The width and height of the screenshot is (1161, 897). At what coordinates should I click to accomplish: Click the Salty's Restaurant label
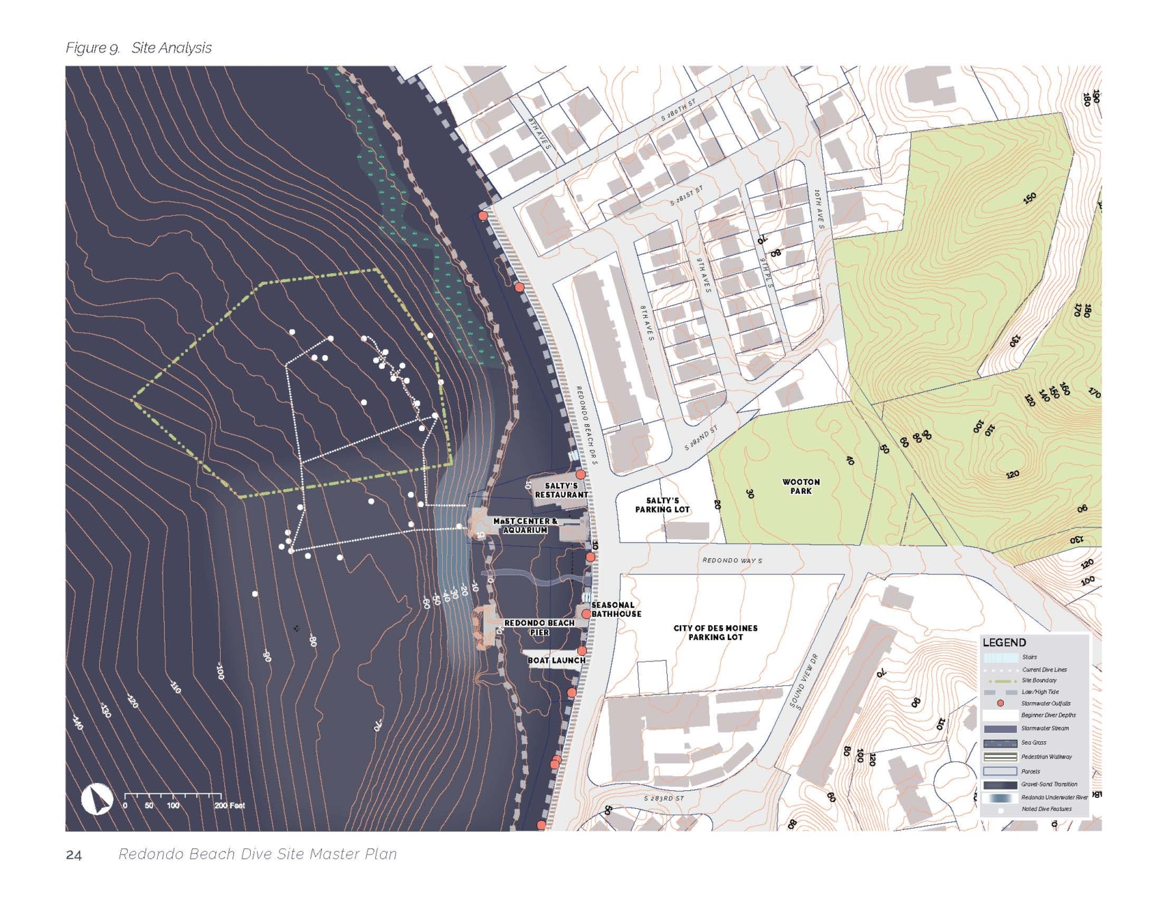[561, 490]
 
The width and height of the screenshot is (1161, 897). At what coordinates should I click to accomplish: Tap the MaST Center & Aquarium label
[525, 525]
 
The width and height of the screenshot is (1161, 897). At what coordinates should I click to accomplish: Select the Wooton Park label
[801, 487]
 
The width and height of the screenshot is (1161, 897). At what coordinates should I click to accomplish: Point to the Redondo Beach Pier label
[539, 627]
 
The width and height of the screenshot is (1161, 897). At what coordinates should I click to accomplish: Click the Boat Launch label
[557, 660]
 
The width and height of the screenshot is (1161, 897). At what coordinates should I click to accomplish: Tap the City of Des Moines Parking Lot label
[715, 633]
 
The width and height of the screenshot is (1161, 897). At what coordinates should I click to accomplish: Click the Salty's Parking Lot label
[662, 505]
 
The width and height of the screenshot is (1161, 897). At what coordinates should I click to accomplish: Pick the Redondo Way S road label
[732, 560]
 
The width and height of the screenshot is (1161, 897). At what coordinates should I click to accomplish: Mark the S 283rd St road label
[664, 798]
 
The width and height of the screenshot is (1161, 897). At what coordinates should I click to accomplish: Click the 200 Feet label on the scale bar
[230, 805]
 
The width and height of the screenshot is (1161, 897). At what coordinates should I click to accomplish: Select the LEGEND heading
[1004, 643]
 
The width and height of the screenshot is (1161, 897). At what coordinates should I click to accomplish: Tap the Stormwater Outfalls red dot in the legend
[1000, 703]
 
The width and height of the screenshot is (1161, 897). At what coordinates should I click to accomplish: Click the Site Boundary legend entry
[1039, 680]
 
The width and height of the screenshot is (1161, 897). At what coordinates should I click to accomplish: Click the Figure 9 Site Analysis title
[138, 48]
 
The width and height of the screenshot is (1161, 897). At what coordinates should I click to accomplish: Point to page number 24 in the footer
[74, 855]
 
